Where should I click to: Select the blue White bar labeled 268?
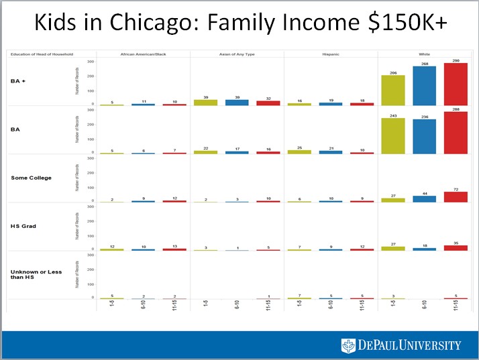pyautogui.click(x=424, y=86)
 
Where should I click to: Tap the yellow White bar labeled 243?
pyautogui.click(x=392, y=137)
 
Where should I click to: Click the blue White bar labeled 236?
pyautogui.click(x=424, y=137)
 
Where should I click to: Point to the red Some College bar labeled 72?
pyautogui.click(x=456, y=197)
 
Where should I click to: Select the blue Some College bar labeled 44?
pyautogui.click(x=424, y=199)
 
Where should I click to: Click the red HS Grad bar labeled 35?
pyautogui.click(x=456, y=248)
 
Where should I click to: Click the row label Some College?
pyautogui.click(x=31, y=178)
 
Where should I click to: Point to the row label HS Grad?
pyautogui.click(x=24, y=226)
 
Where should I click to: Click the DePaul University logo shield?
pyautogui.click(x=348, y=345)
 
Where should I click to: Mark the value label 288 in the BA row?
pyautogui.click(x=456, y=109)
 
